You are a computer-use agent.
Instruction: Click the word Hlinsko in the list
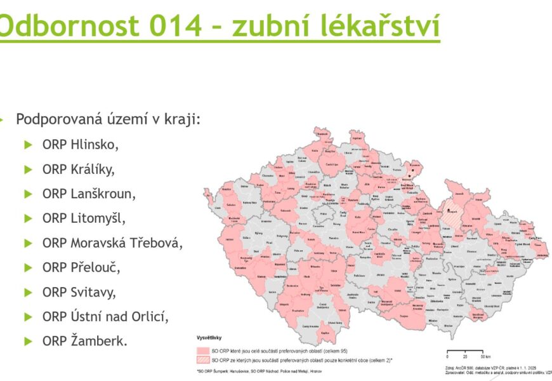pyautogui.click(x=95, y=144)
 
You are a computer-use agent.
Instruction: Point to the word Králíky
pyautogui.click(x=93, y=169)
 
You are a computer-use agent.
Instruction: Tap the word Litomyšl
pyautogui.click(x=98, y=218)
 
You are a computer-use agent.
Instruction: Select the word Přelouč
pyautogui.click(x=95, y=267)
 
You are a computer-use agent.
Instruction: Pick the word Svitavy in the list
pyautogui.click(x=95, y=292)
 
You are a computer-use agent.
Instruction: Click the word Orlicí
pyautogui.click(x=166, y=316)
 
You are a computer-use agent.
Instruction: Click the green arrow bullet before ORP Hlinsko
pyautogui.click(x=28, y=145)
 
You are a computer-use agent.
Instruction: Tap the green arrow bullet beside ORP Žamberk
pyautogui.click(x=28, y=342)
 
